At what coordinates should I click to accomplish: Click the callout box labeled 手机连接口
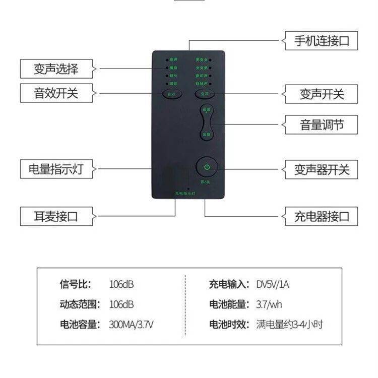321,40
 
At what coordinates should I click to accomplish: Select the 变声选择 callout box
56,68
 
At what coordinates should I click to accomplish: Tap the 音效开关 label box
56,93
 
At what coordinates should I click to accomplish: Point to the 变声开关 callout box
321,93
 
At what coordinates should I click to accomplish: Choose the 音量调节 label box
321,124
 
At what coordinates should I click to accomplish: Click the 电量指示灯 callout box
56,169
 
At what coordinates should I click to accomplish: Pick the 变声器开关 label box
321,169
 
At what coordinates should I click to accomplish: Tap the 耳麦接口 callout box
56,216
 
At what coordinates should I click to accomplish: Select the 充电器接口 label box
321,216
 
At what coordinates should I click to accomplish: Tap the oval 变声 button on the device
204,94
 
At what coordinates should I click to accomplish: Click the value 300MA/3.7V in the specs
131,324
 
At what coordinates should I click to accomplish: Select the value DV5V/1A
273,284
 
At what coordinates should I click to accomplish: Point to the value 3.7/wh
269,304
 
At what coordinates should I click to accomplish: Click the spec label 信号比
75,284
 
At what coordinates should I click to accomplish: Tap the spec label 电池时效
229,324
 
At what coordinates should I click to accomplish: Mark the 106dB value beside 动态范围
121,304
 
